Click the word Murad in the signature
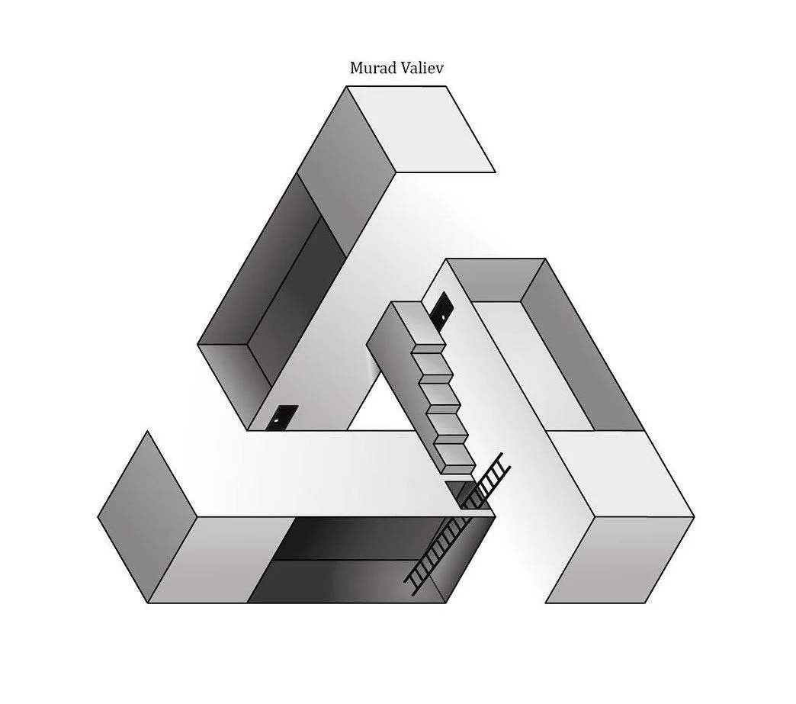pos(371,68)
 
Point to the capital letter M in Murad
pos(356,68)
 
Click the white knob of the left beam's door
pos(276,420)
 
